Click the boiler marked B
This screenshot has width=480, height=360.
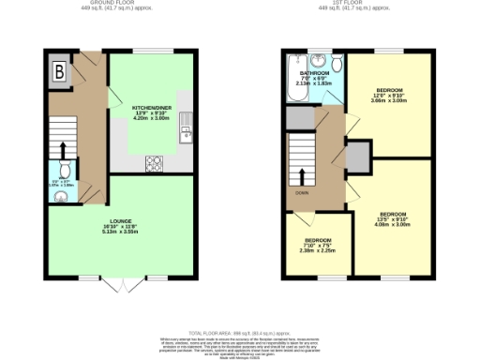click(59, 71)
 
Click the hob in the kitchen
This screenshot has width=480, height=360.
click(153, 163)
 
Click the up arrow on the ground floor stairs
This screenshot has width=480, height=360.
click(63, 150)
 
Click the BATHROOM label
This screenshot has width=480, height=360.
click(314, 72)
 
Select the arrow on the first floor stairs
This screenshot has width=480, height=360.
click(302, 175)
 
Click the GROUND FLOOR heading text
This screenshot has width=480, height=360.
click(118, 3)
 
